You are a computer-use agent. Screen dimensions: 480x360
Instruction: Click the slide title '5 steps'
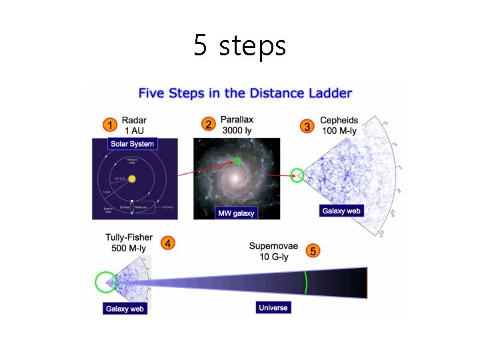[x=240, y=45]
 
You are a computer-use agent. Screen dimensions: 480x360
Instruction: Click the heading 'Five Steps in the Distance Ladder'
[x=245, y=93]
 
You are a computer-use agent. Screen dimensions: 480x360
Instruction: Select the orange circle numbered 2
[x=209, y=125]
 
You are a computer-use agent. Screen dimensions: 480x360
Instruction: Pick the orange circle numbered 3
[x=307, y=126]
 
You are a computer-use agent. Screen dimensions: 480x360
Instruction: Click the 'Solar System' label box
[x=131, y=144]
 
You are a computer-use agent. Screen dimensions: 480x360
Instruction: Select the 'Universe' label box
[x=273, y=307]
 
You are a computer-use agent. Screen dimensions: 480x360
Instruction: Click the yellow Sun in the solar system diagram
[x=132, y=179]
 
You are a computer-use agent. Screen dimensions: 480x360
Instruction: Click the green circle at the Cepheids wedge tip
[x=298, y=176]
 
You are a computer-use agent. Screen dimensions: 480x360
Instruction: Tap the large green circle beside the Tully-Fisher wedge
[x=105, y=282]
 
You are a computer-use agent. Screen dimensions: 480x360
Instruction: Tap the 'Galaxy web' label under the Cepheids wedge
[x=341, y=211]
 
